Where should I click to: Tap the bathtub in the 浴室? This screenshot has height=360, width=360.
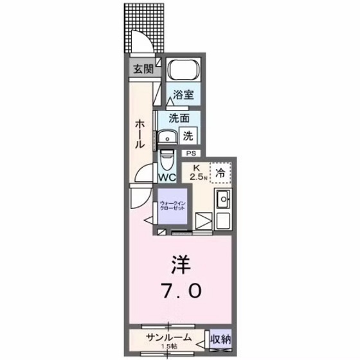[x=184, y=71]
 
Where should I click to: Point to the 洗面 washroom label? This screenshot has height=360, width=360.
[x=179, y=118]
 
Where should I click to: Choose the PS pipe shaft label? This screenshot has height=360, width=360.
[x=191, y=154]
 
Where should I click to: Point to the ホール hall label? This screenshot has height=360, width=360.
[x=138, y=135]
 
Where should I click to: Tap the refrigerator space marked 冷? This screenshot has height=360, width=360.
[x=220, y=172]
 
